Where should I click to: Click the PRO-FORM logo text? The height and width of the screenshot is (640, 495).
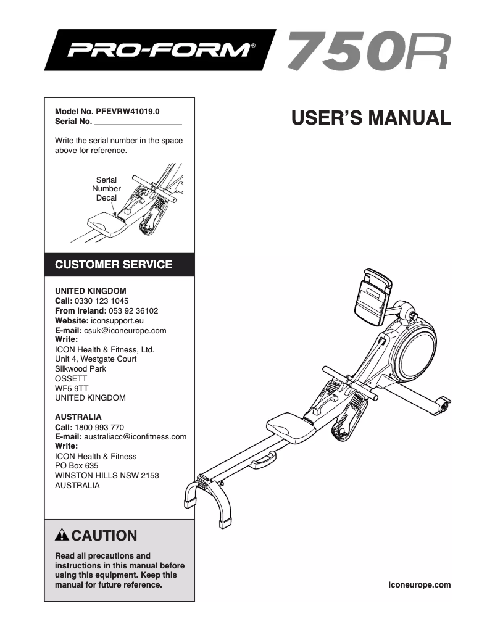pos(159,49)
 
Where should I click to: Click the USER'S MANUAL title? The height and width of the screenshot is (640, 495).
pos(371,117)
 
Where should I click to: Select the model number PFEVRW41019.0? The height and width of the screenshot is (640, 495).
pos(128,112)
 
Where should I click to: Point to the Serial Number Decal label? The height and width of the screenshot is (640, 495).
pos(106,189)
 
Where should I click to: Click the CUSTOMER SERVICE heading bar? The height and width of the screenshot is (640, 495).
pos(114,265)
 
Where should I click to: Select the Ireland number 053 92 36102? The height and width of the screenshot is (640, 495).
pos(133,311)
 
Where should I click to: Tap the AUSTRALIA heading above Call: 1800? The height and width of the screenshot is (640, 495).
pos(78,417)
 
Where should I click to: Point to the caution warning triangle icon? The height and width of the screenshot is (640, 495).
pos(62,535)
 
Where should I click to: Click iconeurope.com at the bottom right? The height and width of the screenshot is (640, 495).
pos(420,584)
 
